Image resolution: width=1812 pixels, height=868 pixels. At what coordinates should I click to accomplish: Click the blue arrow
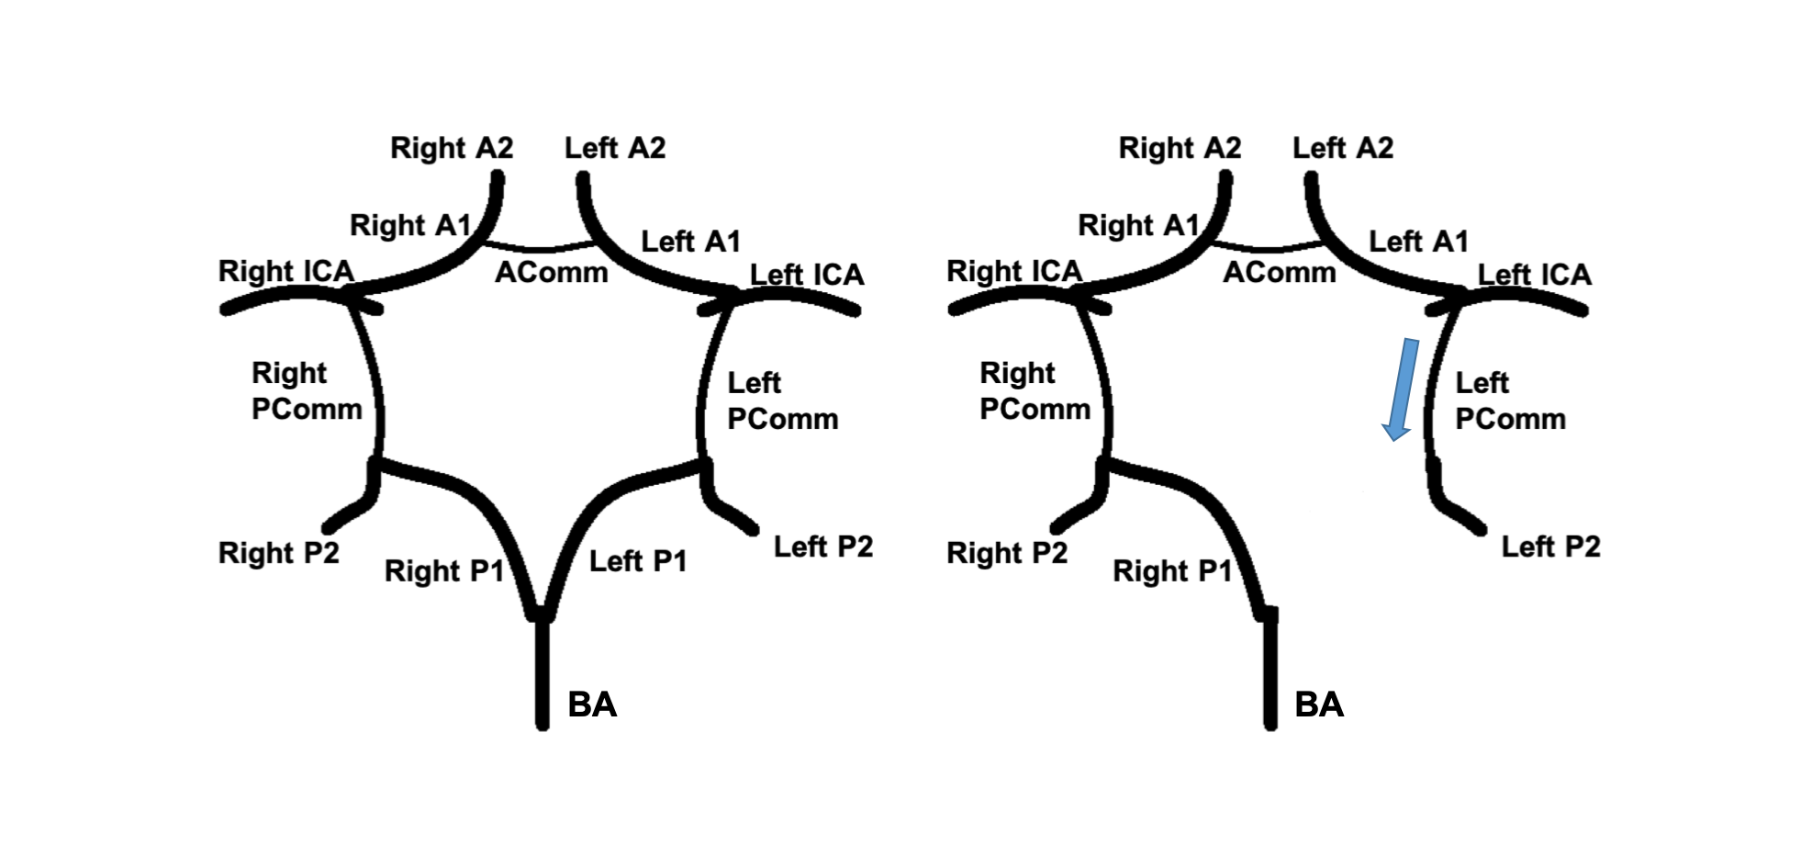coord(1402,389)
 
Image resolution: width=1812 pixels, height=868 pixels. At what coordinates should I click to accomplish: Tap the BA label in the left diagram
coord(592,705)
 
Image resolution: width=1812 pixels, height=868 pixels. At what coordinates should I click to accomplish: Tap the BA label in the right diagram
coord(1319,705)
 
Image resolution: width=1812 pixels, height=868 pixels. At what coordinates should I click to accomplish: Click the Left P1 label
coord(638,561)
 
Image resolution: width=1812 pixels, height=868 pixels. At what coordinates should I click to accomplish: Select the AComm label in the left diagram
coord(552,272)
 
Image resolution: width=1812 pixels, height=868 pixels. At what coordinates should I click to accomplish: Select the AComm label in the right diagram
coord(1280,272)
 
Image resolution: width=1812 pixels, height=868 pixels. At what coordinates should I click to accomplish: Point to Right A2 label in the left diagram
coord(452,148)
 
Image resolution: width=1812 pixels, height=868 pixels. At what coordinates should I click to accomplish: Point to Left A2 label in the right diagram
coord(1343,148)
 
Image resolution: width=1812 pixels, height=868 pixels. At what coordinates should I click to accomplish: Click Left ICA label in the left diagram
coord(807,275)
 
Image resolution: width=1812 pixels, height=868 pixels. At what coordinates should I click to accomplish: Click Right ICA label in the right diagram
coord(1014,271)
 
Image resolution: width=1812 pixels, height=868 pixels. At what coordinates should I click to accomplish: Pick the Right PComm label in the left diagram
coord(307,390)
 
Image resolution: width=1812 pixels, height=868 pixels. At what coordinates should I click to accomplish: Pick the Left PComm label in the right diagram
coord(1510,400)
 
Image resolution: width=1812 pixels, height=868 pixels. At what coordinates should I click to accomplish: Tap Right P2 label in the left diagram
coord(279,553)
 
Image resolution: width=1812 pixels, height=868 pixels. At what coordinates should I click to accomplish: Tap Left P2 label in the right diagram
coord(1550,547)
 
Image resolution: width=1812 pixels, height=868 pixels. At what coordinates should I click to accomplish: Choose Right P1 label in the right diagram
coord(1172,571)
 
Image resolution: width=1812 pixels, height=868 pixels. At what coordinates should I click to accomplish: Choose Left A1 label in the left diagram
coord(690,242)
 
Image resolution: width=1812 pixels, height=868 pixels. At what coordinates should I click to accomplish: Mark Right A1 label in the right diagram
coord(1138,225)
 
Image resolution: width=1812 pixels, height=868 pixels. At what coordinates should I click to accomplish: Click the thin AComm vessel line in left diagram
coord(542,249)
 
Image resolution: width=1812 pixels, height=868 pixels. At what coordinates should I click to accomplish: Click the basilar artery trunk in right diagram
coord(1270,671)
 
